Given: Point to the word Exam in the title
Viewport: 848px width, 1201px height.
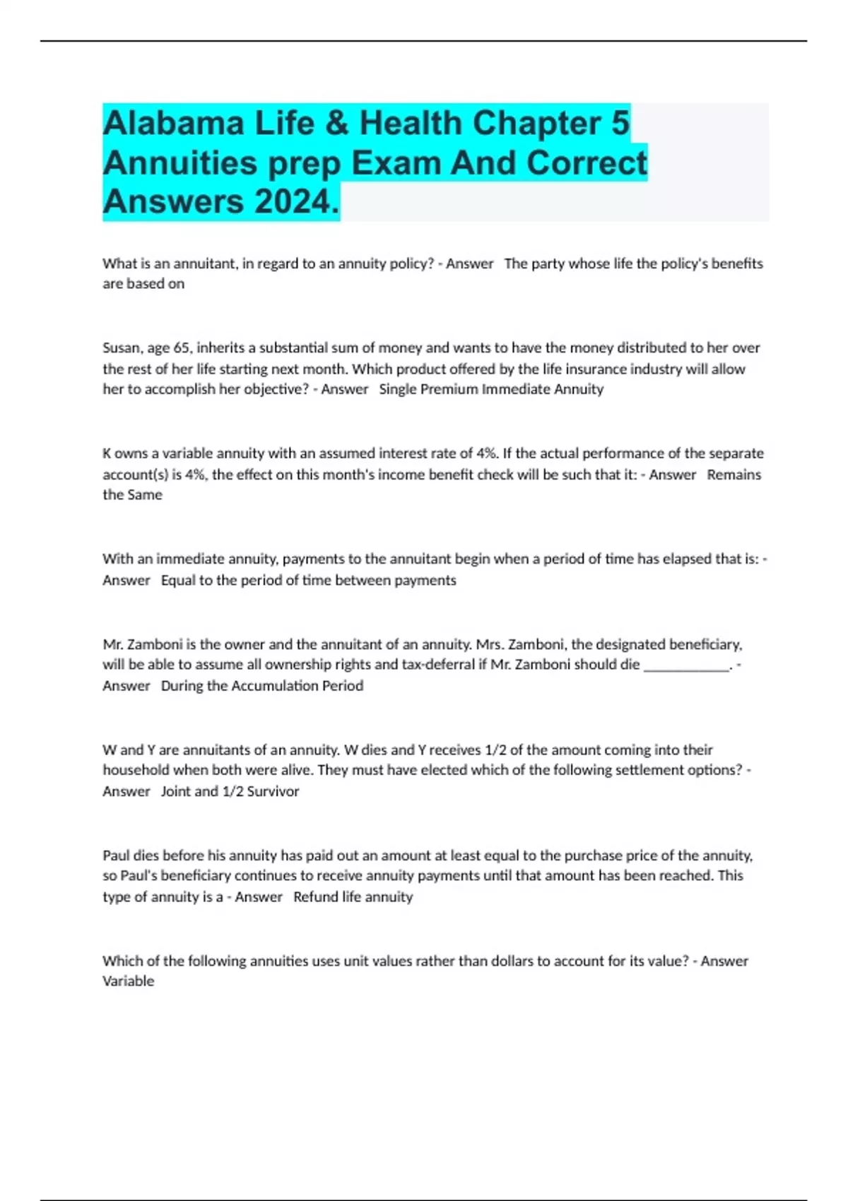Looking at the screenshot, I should pyautogui.click(x=396, y=162).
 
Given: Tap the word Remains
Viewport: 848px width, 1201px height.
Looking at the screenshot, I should pyautogui.click(x=734, y=475).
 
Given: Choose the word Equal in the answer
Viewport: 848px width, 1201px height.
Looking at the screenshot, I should pyautogui.click(x=178, y=580).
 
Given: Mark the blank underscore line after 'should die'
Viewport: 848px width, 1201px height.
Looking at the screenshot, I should pyautogui.click(x=686, y=665).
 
